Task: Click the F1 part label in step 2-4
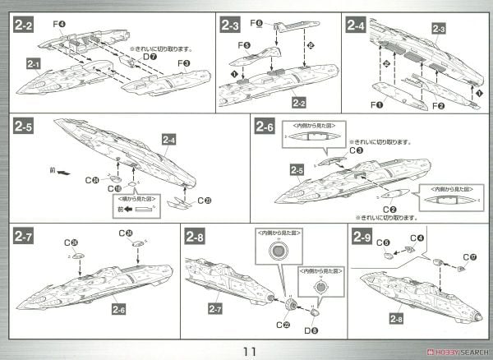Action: point(378,105)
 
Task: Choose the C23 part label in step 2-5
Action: point(205,199)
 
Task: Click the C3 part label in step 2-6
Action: point(355,150)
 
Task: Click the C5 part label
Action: point(383,242)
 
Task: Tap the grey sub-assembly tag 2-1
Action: point(34,63)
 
